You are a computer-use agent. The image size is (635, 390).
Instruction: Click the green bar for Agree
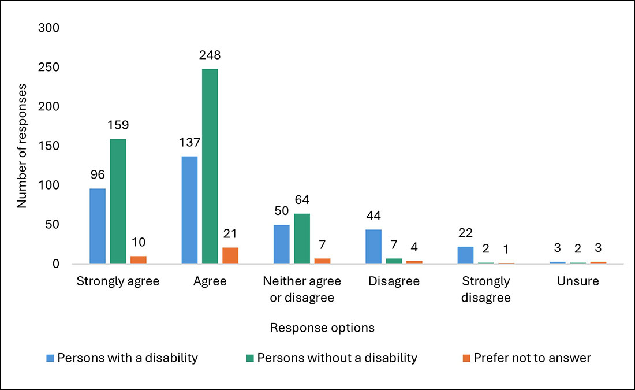[210, 166]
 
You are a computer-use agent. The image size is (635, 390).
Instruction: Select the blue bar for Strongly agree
[98, 226]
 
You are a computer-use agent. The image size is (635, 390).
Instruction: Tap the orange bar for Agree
[230, 255]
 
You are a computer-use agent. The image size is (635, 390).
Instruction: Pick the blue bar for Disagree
[373, 247]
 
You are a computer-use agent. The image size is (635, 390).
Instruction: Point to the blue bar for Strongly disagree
[465, 255]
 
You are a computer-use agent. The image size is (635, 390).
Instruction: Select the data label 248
[210, 56]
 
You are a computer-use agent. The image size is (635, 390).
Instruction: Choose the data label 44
[373, 217]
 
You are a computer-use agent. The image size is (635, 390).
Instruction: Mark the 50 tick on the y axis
[51, 225]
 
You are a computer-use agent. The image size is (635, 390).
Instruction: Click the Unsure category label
[578, 282]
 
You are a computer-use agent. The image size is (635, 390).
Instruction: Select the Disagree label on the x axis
[394, 282]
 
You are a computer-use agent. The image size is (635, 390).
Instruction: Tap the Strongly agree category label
[118, 282]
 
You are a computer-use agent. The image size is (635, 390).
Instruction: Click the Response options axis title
[322, 328]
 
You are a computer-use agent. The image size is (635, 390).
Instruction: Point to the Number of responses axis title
[22, 146]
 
